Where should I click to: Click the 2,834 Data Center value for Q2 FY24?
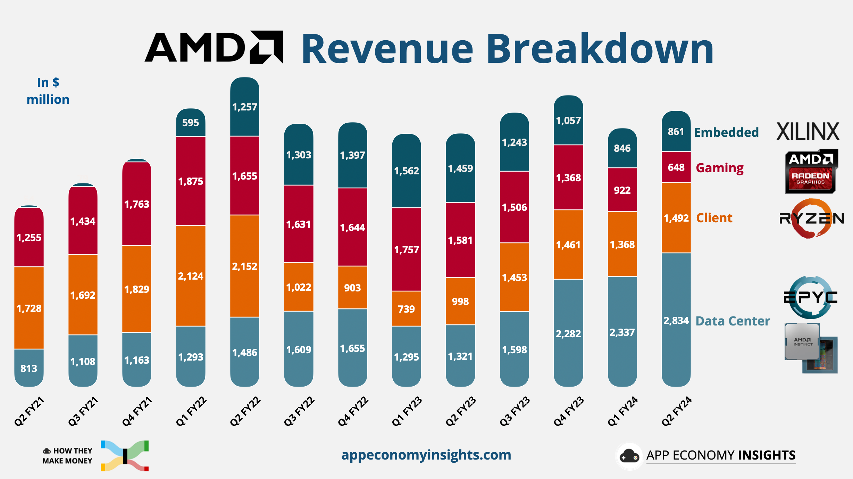676,320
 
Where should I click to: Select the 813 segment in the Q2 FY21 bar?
29,368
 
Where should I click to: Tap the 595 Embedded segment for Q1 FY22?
191,123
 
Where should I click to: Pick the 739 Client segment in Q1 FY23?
406,309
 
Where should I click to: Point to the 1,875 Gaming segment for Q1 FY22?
191,181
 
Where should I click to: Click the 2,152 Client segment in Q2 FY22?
244,266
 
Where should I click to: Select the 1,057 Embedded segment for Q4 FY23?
568,121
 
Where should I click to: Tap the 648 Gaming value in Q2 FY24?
676,167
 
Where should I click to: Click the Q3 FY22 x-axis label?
299,411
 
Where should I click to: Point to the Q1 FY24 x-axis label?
622,411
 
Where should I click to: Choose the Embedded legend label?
726,132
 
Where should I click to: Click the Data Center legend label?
733,321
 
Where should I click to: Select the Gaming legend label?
720,168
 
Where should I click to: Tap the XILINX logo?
808,131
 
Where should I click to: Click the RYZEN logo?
811,218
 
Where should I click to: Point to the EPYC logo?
810,297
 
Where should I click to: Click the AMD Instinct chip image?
810,348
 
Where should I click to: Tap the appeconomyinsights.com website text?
426,455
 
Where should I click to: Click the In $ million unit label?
48,91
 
